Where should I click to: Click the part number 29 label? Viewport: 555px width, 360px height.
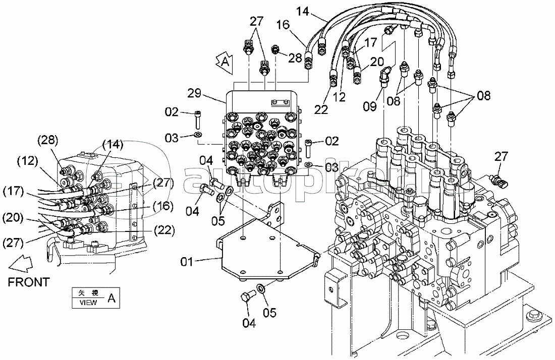[x=195, y=93]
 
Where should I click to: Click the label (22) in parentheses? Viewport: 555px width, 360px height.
[x=162, y=230]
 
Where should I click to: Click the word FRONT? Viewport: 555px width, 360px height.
[x=29, y=282]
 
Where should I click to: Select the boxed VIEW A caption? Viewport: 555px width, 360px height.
[x=94, y=298]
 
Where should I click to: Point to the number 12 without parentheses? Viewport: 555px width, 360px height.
[x=340, y=96]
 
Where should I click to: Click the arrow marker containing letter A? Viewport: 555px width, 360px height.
[x=224, y=62]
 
